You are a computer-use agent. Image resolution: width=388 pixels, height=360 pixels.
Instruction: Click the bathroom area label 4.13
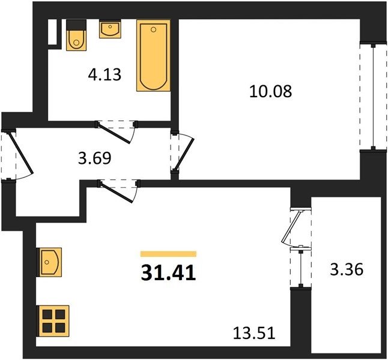coord(105,74)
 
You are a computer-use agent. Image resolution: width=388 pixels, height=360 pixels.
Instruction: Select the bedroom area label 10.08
coord(271,91)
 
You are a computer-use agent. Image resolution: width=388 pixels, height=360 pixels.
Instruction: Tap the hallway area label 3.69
coord(94,158)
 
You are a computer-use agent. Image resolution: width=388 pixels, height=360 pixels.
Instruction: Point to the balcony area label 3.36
coord(347,269)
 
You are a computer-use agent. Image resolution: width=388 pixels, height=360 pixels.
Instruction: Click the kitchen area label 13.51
coord(254,333)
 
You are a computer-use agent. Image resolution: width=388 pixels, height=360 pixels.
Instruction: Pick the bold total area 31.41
coord(169,273)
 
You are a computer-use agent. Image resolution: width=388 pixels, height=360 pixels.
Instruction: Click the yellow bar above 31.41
coord(169,254)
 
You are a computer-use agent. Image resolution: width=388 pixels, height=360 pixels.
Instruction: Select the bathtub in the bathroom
coord(153,55)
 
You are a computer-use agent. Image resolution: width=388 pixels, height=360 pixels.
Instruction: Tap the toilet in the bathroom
coord(76,35)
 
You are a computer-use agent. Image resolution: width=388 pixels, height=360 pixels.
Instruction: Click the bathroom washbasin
coord(110,29)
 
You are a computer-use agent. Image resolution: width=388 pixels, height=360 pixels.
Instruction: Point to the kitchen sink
coord(49,262)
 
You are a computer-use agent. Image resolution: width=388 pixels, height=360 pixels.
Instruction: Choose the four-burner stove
coord(53,321)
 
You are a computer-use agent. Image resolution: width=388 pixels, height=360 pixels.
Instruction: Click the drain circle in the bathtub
coord(153,29)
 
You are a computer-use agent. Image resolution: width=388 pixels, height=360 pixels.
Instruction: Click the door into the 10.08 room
coord(183,151)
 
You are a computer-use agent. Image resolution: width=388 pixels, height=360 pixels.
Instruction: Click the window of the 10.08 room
coord(374,97)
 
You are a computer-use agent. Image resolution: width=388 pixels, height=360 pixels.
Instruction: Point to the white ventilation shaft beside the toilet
coord(52,32)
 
